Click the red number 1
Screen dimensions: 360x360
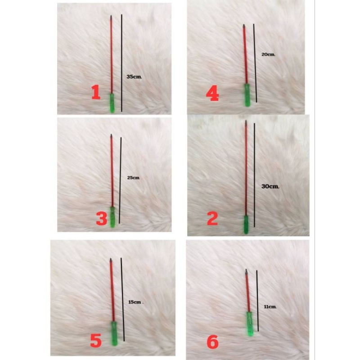point(96,92)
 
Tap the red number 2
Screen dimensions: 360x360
point(212,219)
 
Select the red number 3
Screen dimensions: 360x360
point(102,219)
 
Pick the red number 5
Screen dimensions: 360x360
point(96,341)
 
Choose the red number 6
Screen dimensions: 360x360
point(212,342)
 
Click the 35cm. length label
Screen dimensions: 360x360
point(134,76)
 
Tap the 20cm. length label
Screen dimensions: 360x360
point(268,54)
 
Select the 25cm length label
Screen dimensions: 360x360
point(133,178)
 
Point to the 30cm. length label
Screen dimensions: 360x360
point(270,186)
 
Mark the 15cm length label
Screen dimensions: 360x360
point(135,302)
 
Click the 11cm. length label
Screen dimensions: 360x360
point(270,307)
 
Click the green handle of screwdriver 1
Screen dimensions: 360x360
point(112,103)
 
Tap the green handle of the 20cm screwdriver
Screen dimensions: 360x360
point(247,95)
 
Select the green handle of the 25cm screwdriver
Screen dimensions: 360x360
point(112,217)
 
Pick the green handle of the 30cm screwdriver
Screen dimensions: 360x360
point(246,225)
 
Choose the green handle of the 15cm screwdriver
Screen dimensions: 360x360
point(114,333)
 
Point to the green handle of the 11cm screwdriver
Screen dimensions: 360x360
point(250,324)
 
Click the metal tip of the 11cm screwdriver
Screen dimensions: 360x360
point(246,272)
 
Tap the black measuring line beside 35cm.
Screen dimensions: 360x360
point(121,63)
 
